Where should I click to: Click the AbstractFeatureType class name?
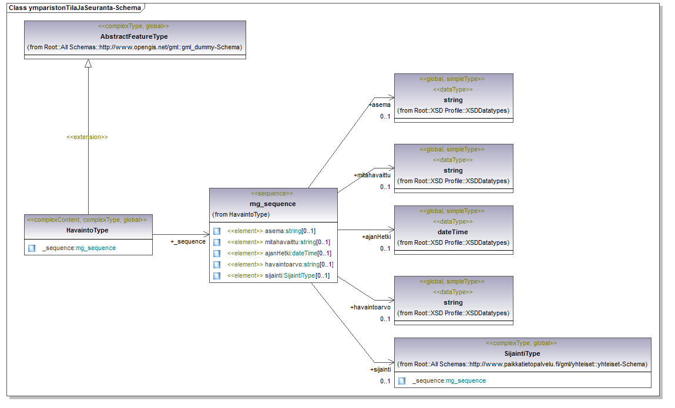(x=134, y=36)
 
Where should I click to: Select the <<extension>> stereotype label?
(x=87, y=137)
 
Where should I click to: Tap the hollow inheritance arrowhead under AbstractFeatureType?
(x=88, y=63)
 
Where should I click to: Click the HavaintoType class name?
(x=88, y=230)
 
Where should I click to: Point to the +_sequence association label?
(x=187, y=241)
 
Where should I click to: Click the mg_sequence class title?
(x=273, y=204)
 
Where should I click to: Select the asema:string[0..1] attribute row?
(x=271, y=231)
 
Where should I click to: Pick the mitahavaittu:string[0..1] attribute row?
(x=278, y=242)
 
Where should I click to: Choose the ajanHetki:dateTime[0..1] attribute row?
(x=280, y=254)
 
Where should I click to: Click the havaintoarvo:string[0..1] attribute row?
(x=280, y=265)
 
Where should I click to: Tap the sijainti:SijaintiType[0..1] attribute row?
(x=278, y=276)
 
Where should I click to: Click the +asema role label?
(x=380, y=104)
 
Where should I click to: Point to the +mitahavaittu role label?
(x=372, y=175)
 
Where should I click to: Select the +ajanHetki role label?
(x=376, y=237)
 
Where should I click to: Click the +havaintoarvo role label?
(x=370, y=307)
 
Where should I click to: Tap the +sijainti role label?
(x=381, y=370)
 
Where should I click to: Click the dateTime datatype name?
(x=453, y=232)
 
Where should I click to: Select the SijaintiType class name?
(x=522, y=354)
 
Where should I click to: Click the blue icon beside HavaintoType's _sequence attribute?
(x=32, y=248)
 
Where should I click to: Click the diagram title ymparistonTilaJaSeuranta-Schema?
(x=85, y=8)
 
